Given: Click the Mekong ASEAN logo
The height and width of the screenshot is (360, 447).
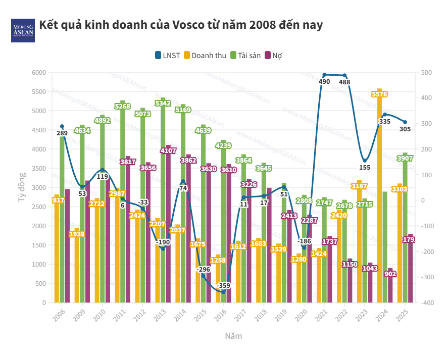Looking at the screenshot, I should click(23, 30).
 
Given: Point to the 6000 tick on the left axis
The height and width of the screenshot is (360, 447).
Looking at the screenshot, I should click(39, 73).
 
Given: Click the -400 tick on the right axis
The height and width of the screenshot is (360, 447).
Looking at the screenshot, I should click(425, 302).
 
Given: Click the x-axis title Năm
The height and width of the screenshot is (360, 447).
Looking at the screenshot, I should click(233, 336).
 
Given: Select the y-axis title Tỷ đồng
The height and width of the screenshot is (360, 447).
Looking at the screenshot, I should click(22, 187).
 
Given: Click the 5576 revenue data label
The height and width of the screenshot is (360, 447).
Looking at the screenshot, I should click(379, 94).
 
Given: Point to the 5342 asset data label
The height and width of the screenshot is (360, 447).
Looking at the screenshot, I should click(163, 103).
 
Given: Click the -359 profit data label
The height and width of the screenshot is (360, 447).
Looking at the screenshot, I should click(223, 286).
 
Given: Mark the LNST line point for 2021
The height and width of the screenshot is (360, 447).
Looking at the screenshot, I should click(324, 75).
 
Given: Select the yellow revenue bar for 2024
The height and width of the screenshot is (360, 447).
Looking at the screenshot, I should click(379, 202).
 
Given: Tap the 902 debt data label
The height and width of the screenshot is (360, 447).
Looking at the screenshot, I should click(390, 274).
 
